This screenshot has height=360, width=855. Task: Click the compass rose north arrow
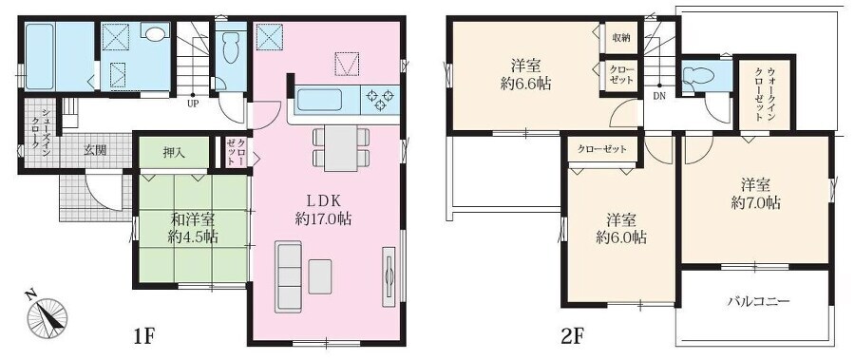[48, 317]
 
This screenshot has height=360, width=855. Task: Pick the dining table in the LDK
[341, 147]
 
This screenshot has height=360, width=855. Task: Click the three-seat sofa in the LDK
[289, 276]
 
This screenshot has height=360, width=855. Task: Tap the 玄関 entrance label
[95, 150]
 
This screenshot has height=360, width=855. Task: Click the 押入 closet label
[174, 153]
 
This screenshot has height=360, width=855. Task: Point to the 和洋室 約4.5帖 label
[193, 228]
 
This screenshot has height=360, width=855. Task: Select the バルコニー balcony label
[758, 301]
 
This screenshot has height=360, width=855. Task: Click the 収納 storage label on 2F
[621, 38]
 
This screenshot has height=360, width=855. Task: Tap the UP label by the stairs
[193, 102]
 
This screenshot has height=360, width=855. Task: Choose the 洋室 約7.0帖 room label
[755, 193]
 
